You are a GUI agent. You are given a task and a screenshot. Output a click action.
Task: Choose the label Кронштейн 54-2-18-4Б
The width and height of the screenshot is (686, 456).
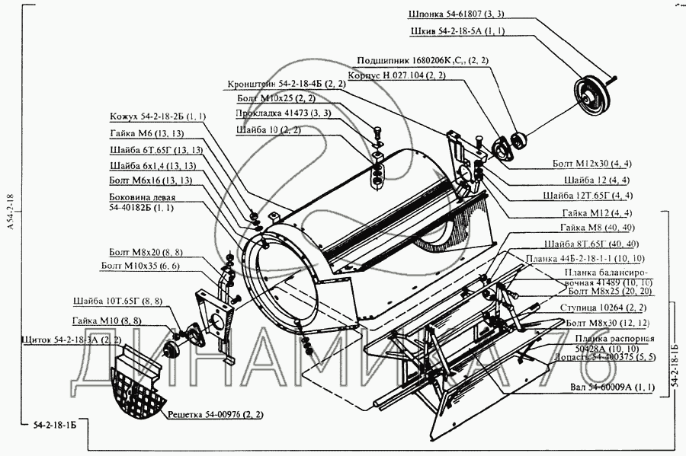286,84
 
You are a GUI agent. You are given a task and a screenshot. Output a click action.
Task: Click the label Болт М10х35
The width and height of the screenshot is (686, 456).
139,266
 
